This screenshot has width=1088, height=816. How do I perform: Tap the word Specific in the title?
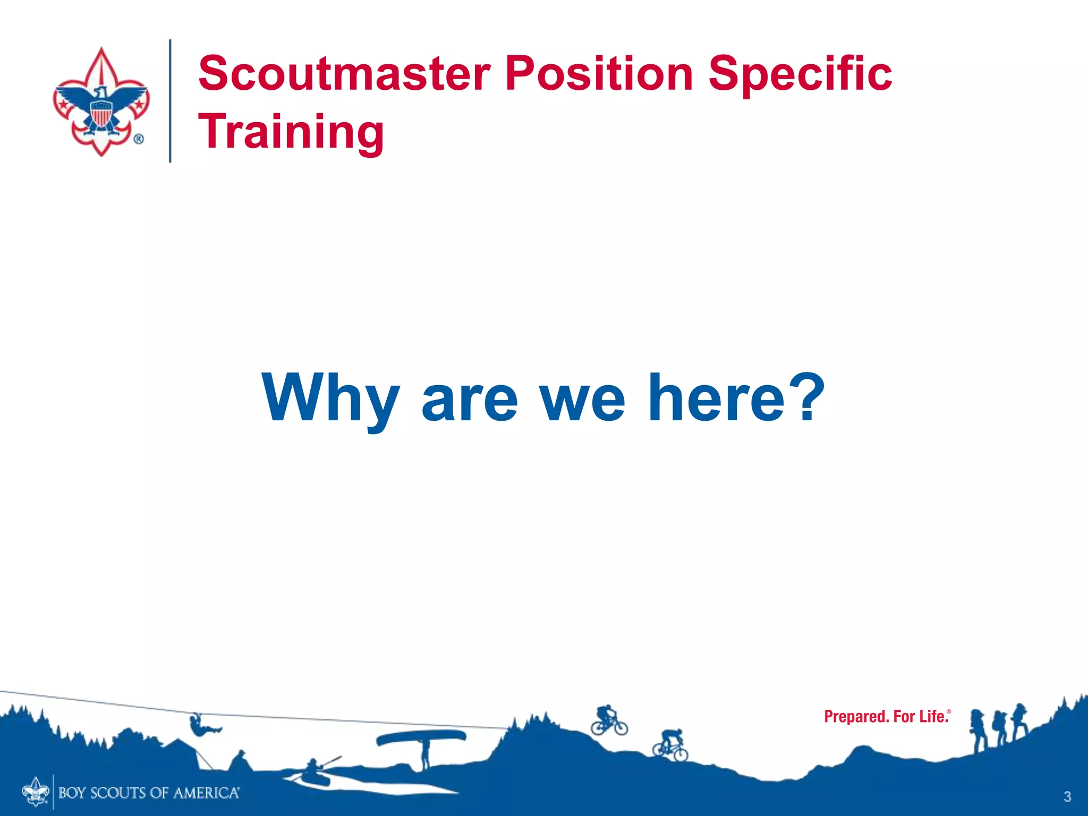800,74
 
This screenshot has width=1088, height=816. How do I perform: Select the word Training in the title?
291,132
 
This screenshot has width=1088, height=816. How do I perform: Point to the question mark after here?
805,396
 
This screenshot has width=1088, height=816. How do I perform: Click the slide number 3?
1067,796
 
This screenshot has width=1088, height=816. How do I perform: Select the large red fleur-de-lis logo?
101,101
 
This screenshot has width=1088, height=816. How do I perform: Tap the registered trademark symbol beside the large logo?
138,139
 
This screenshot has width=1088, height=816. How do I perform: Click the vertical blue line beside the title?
170,101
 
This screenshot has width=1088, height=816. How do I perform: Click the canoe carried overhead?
421,737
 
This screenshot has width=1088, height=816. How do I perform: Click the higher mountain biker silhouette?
609,720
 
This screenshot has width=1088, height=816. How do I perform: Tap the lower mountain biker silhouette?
670,745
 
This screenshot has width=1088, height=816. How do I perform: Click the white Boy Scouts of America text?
149,793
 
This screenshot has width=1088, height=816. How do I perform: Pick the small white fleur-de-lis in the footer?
36,791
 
